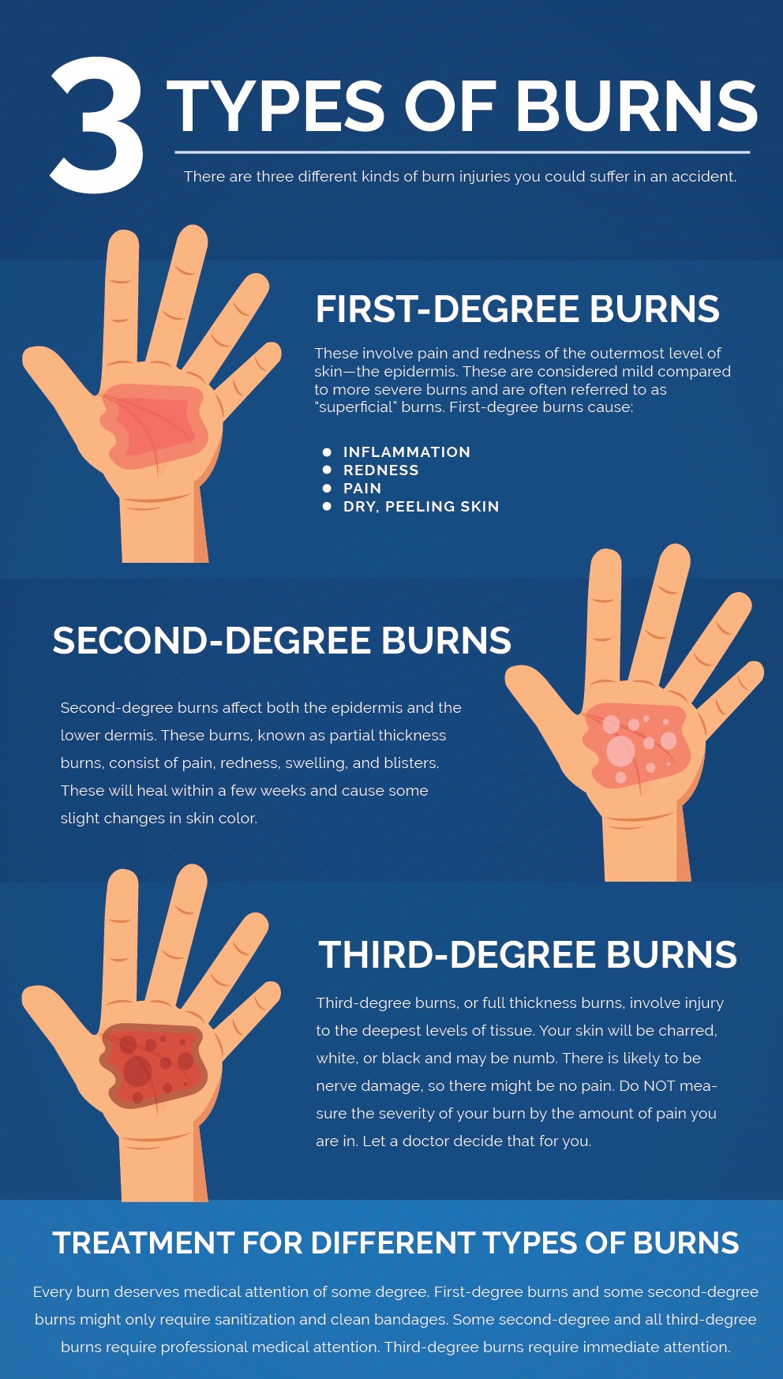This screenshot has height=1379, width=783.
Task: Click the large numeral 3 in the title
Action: tap(97, 125)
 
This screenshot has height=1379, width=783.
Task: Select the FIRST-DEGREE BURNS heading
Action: tap(517, 309)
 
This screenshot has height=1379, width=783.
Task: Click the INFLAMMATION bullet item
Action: tap(406, 452)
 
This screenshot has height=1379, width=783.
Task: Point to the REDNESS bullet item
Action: tap(380, 470)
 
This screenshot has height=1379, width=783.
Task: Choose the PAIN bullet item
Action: tap(362, 488)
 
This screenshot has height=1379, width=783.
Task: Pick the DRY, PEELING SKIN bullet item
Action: tap(421, 506)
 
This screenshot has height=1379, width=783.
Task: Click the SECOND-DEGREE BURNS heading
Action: tap(282, 640)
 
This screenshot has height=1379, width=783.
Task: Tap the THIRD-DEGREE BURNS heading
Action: tap(527, 954)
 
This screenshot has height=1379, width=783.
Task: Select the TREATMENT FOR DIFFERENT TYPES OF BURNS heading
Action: tap(396, 1242)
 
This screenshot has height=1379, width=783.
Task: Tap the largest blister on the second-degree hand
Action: tap(620, 751)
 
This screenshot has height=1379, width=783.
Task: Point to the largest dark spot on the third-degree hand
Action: tap(137, 1071)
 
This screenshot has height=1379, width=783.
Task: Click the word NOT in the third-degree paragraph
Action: tap(659, 1085)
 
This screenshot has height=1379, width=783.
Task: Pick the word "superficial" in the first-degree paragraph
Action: tap(355, 407)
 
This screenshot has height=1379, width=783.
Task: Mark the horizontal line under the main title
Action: tap(463, 152)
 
